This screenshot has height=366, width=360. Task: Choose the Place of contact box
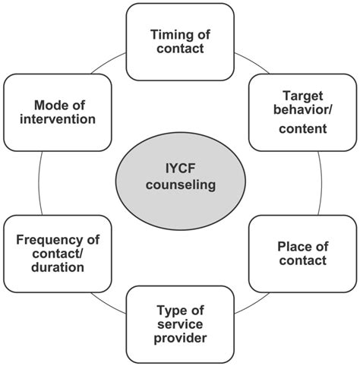click(x=292, y=253)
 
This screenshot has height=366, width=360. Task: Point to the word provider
click(x=181, y=339)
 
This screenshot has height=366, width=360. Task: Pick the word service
click(x=181, y=323)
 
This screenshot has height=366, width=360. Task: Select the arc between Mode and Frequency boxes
click(x=38, y=182)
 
